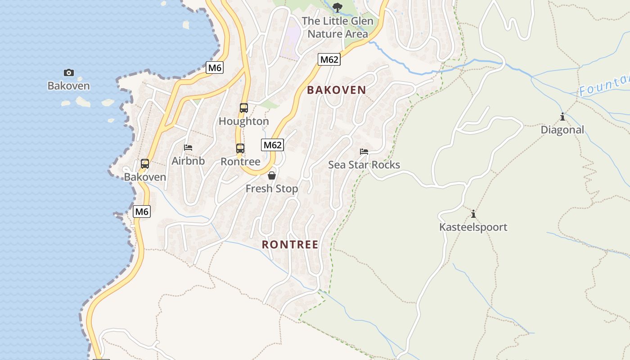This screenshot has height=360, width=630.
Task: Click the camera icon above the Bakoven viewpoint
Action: pyautogui.click(x=68, y=72)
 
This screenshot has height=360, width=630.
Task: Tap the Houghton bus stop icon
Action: pyautogui.click(x=243, y=108)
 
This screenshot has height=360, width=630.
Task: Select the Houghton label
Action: pyautogui.click(x=243, y=121)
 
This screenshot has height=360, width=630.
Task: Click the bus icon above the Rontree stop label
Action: pyautogui.click(x=240, y=148)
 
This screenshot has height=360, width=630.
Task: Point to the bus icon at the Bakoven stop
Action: pyautogui.click(x=145, y=164)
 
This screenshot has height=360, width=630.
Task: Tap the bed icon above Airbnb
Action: pyautogui.click(x=188, y=148)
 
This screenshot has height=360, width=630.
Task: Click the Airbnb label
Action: pyautogui.click(x=188, y=161)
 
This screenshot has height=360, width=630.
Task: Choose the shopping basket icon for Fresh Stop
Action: pyautogui.click(x=272, y=175)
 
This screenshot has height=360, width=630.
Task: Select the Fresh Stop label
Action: pyautogui.click(x=272, y=189)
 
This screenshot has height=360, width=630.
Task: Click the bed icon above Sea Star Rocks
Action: pyautogui.click(x=364, y=152)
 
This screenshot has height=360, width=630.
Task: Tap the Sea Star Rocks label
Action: pyautogui.click(x=364, y=165)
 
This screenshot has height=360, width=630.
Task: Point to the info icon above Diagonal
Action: pyautogui.click(x=562, y=117)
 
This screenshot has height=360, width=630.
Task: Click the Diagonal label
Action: pyautogui.click(x=562, y=130)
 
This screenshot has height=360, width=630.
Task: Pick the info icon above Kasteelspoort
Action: pyautogui.click(x=473, y=214)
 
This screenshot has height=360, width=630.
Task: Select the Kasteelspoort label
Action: pyautogui.click(x=473, y=227)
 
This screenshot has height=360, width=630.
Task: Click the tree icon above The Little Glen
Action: pyautogui.click(x=337, y=7)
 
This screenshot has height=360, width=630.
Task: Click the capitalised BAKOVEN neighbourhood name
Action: pyautogui.click(x=337, y=90)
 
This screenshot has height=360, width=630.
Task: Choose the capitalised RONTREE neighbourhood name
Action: pyautogui.click(x=290, y=245)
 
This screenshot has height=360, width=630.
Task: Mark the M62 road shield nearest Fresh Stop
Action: pyautogui.click(x=272, y=145)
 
